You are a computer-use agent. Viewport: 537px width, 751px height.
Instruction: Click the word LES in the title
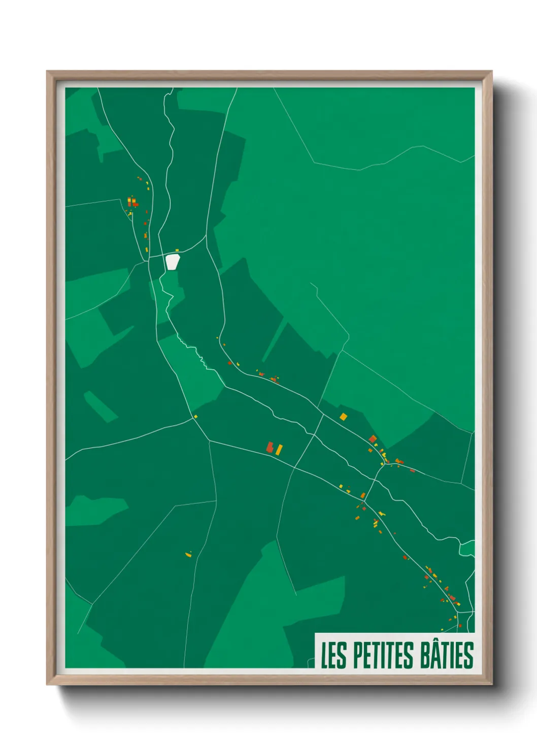tap(333, 655)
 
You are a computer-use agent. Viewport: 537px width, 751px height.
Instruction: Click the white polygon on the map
tap(173, 262)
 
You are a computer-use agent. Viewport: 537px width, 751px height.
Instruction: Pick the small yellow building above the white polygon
tap(177, 250)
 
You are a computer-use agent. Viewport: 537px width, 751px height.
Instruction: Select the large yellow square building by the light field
tap(344, 417)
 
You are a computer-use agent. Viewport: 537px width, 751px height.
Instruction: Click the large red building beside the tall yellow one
tap(271, 447)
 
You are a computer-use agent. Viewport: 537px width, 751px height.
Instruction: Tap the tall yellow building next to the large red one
tap(279, 450)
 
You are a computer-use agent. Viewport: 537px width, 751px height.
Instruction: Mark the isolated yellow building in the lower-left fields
tap(188, 555)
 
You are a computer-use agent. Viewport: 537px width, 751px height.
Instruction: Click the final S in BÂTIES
tap(468, 656)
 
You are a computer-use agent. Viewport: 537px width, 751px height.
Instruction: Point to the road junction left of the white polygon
tap(148, 260)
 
